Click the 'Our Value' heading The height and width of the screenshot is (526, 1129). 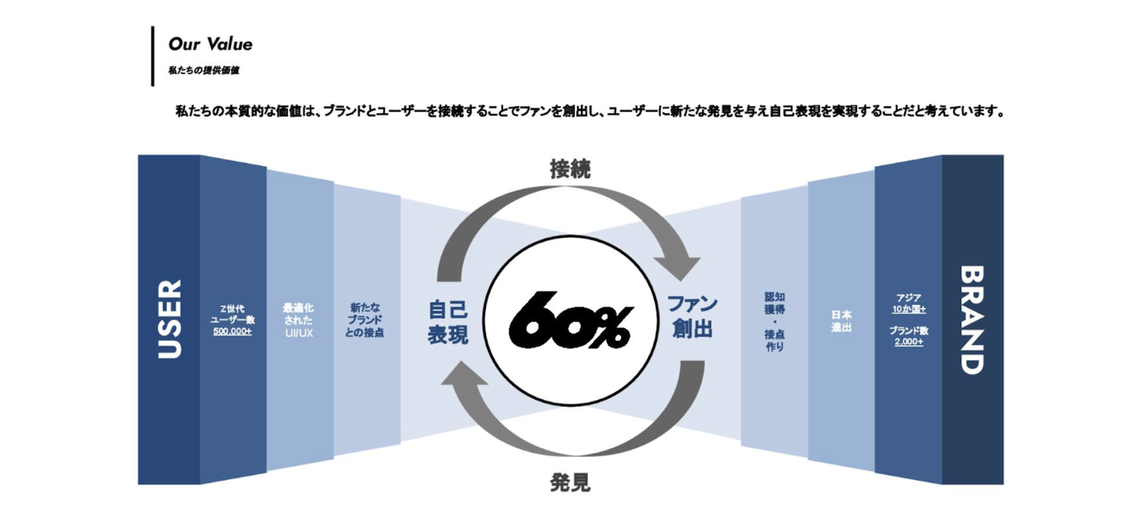tap(210, 44)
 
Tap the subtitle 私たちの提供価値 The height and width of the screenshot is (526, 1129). tap(203, 71)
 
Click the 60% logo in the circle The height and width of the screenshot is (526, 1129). tap(569, 320)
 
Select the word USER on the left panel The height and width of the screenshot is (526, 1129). tap(169, 319)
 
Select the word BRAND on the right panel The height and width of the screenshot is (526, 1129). tap(972, 319)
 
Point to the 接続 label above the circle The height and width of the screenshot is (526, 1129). tap(570, 169)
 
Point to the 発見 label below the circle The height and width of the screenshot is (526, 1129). tap(570, 482)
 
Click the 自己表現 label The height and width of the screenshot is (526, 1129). tap(448, 321)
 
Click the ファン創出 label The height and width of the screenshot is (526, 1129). tap(692, 316)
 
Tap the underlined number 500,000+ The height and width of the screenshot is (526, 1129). tap(232, 332)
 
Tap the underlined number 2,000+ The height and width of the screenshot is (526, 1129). tap(908, 342)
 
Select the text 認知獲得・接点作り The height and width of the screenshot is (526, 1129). tap(775, 321)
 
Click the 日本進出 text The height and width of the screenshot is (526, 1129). tap(841, 321)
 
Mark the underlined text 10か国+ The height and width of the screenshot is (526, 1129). tap(909, 309)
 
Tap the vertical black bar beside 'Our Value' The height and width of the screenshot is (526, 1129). tap(153, 56)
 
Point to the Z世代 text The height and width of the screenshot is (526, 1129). tap(233, 308)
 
